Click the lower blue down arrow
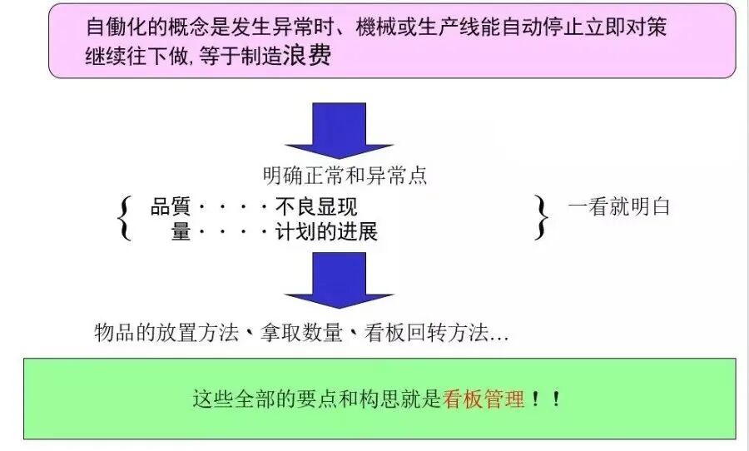click(339, 280)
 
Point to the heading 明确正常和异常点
click(345, 176)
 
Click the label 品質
click(171, 207)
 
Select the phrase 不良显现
click(316, 207)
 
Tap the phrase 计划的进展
click(326, 231)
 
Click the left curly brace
click(125, 219)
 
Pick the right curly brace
click(542, 219)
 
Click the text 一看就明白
click(619, 207)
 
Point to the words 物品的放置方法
click(166, 334)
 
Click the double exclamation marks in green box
click(545, 399)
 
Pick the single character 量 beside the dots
click(181, 231)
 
